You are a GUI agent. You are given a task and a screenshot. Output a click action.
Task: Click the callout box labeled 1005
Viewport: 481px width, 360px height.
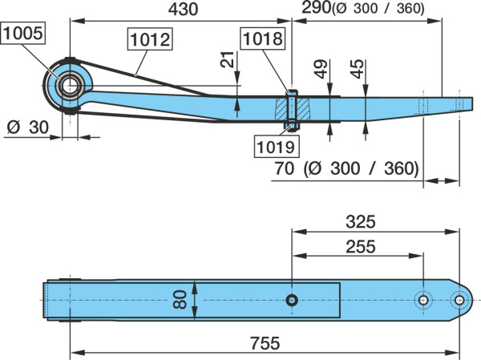[x=23, y=33]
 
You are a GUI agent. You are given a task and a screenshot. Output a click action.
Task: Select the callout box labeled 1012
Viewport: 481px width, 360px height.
[x=150, y=39]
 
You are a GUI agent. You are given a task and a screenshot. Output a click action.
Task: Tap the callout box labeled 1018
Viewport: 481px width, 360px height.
[x=263, y=38]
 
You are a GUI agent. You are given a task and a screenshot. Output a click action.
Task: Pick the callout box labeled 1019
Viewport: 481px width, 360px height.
[x=277, y=147]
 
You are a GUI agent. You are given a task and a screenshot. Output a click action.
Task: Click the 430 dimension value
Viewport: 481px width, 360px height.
[x=183, y=10]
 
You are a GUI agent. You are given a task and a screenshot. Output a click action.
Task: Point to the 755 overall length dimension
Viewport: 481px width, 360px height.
[x=265, y=343]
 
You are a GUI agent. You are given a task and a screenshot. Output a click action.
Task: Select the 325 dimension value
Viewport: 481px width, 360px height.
[x=361, y=221]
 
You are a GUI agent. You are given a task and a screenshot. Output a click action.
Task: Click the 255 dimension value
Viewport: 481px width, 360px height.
[x=361, y=247]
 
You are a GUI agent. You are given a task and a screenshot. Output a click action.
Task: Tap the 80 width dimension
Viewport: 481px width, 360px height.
[x=180, y=300]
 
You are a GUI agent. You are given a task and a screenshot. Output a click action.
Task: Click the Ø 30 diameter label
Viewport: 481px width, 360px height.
[x=27, y=127]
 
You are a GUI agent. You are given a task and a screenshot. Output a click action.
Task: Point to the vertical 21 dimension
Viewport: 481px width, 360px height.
[x=227, y=59]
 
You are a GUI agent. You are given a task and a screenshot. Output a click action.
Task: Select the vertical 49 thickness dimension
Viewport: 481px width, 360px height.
[x=321, y=69]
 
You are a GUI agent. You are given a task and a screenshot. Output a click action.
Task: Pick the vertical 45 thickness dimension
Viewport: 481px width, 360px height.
[x=357, y=69]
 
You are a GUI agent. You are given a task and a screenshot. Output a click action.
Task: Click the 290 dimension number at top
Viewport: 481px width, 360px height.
[x=316, y=8]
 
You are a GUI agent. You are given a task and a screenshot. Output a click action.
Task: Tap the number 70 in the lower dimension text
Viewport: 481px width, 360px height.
[x=284, y=168]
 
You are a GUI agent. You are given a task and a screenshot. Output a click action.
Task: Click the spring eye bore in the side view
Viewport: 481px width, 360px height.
[x=70, y=86]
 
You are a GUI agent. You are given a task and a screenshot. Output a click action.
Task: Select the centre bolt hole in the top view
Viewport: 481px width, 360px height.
[x=292, y=300]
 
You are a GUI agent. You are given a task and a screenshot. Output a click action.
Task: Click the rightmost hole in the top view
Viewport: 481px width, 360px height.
[x=459, y=300]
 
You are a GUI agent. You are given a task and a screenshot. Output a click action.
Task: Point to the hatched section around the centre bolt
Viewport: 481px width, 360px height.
[x=293, y=109]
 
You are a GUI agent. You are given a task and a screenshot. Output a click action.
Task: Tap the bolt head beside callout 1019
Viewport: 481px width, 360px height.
[x=292, y=126]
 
